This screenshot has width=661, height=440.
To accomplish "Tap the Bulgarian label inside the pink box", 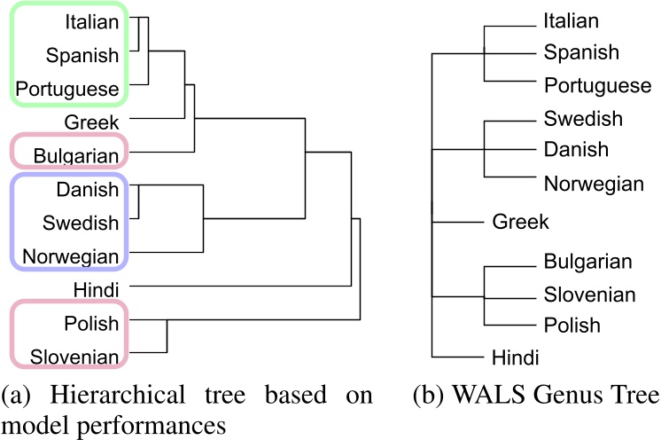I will (x=76, y=157).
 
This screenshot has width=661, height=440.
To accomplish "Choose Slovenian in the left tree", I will (x=74, y=357).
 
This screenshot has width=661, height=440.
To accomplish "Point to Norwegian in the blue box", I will (x=71, y=256).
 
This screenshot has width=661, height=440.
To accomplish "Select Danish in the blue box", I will (x=87, y=189).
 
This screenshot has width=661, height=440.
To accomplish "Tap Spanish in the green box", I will (x=81, y=55).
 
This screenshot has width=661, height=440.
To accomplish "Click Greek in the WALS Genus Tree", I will (x=521, y=221).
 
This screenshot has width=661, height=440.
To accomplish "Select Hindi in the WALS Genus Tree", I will (x=516, y=357).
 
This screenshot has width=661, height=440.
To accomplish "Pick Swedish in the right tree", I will (x=583, y=118).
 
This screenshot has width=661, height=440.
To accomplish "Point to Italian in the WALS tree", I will (x=572, y=20).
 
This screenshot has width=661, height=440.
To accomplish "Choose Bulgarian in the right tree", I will (x=588, y=262).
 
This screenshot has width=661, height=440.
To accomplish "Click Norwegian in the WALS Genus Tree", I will (x=594, y=184).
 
